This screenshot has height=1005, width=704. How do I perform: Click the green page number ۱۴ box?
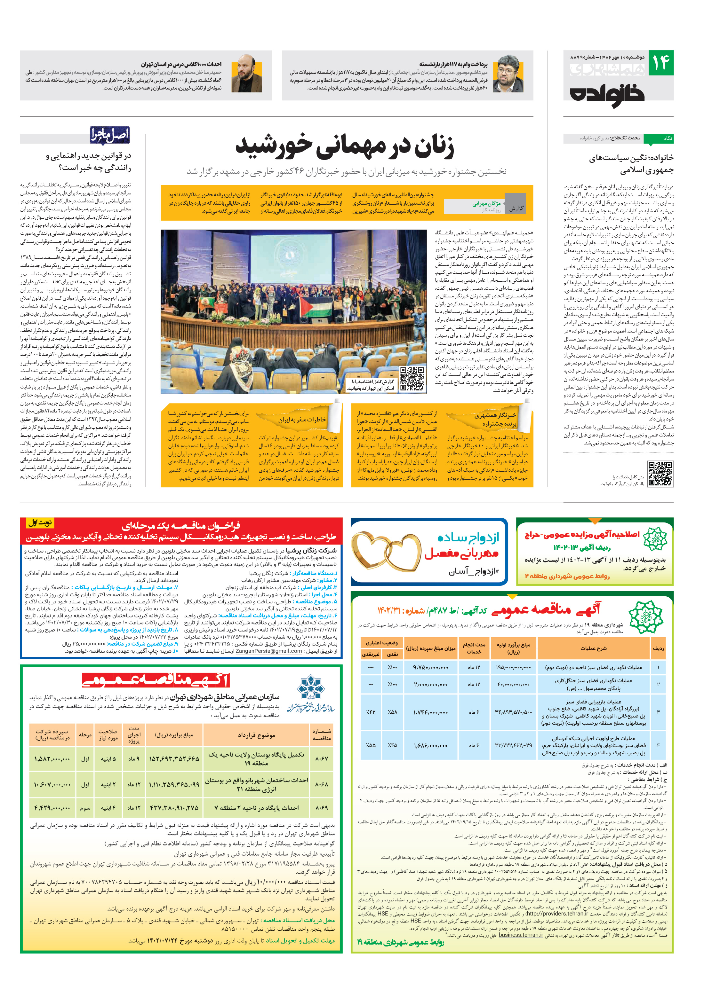661,63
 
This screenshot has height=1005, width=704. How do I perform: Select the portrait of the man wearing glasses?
508,74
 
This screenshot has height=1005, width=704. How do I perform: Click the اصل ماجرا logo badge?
110,135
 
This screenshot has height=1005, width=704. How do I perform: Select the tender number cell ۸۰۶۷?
322,758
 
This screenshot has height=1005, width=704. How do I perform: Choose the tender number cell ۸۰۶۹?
322,808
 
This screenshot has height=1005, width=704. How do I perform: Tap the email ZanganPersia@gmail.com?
269,651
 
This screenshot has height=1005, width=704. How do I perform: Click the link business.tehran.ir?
520,935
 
